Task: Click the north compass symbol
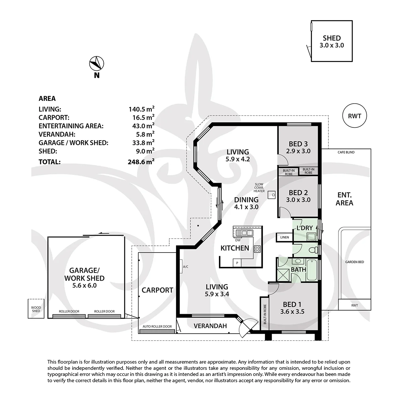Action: (x=97, y=63)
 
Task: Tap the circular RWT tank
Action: (x=355, y=116)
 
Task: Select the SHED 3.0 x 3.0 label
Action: (x=332, y=42)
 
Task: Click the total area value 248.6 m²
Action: (x=141, y=162)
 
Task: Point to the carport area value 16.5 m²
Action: (x=143, y=117)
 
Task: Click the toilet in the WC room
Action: (x=312, y=249)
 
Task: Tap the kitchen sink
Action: (x=244, y=233)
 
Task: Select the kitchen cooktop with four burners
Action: (x=257, y=249)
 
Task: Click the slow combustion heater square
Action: (x=272, y=195)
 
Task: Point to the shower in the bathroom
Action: (x=283, y=275)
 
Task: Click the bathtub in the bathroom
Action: (x=312, y=270)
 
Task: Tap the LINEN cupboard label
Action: (x=284, y=237)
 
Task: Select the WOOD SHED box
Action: (x=36, y=309)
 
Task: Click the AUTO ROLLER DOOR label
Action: (x=157, y=326)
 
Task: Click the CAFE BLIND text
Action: (x=346, y=152)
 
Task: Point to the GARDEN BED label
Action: (x=355, y=262)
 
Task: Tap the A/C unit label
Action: (x=185, y=267)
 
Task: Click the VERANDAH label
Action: (x=210, y=326)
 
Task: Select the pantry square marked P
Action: (x=237, y=263)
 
